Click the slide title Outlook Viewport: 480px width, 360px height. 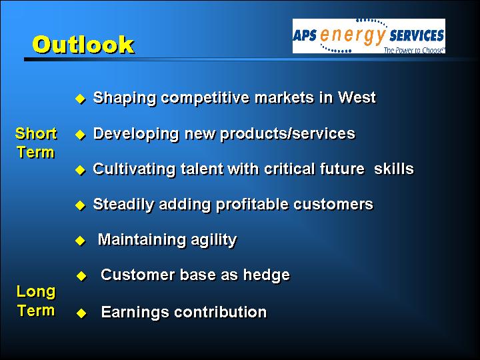click(83, 45)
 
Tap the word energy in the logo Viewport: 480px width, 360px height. click(353, 35)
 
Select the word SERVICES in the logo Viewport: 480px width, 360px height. click(417, 35)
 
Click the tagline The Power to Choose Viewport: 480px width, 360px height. click(414, 50)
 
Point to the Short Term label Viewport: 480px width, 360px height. click(36, 143)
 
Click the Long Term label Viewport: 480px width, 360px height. click(36, 301)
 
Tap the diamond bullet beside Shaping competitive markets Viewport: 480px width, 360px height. click(80, 99)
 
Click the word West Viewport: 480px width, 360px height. click(357, 97)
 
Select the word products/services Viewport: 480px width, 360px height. click(287, 133)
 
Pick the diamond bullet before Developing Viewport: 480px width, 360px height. click(80, 135)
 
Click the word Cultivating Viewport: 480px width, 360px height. click(134, 169)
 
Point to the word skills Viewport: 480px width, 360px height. click(394, 169)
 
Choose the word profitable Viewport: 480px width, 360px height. click(252, 204)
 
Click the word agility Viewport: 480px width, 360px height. click(214, 240)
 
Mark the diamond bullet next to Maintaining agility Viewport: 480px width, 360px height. click(80, 241)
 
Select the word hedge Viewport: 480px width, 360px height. click(266, 275)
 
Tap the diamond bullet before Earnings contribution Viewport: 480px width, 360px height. click(81, 313)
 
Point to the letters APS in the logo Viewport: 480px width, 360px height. click(305, 35)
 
